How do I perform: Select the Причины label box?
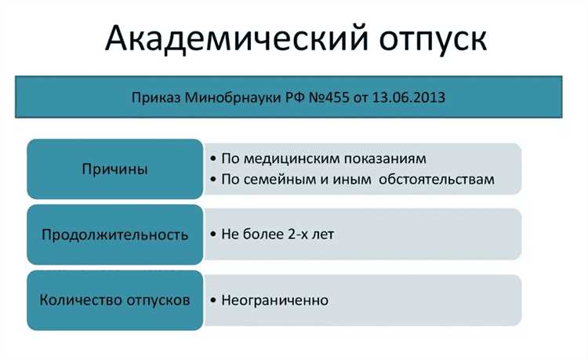[114, 169]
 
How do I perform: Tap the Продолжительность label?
[114, 235]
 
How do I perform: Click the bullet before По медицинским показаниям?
[213, 158]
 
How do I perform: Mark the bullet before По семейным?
[213, 180]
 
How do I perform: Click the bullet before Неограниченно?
[213, 301]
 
